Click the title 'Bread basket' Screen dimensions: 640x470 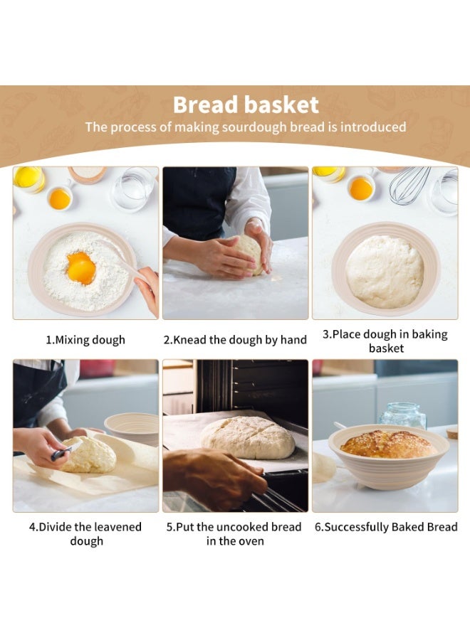(x=246, y=105)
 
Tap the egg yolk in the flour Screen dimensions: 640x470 (x=80, y=268)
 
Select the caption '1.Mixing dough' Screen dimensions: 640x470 (x=85, y=340)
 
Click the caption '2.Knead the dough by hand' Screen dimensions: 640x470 (x=235, y=340)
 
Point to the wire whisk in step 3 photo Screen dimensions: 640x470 (x=409, y=184)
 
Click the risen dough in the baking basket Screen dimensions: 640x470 (x=385, y=272)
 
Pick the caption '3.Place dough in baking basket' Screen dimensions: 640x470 (x=385, y=341)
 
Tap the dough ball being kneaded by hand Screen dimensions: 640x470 (x=249, y=253)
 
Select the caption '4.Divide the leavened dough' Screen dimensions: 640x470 (x=85, y=534)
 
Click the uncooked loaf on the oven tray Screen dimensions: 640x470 (x=247, y=437)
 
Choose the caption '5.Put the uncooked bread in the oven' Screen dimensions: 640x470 (x=235, y=534)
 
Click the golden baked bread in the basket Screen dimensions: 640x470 (x=387, y=444)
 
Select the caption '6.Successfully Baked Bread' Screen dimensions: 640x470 (x=386, y=527)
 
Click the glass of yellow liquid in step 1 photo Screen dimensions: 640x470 (x=29, y=178)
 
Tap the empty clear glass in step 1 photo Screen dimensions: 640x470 (x=132, y=188)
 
